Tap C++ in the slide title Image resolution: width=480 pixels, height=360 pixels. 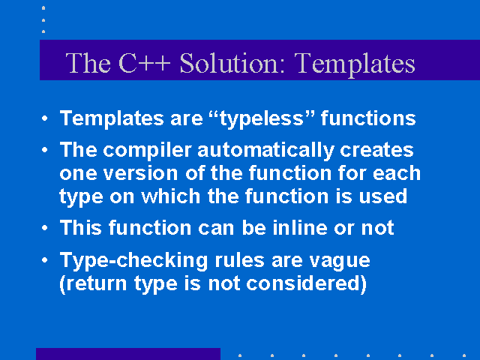[x=144, y=63]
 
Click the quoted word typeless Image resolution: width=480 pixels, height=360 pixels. [x=262, y=118]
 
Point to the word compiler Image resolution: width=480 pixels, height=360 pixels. [x=147, y=151]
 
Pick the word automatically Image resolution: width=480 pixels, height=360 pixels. [x=265, y=151]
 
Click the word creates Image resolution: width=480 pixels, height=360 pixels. [x=376, y=150]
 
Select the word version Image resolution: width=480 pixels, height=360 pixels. [x=140, y=173]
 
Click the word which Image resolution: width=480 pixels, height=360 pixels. [x=170, y=196]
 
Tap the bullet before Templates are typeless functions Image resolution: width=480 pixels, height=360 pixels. [x=45, y=118]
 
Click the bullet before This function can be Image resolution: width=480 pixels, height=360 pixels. [x=45, y=228]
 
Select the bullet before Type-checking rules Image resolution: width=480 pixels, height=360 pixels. [x=45, y=260]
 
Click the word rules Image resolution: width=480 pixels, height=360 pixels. [x=240, y=260]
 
